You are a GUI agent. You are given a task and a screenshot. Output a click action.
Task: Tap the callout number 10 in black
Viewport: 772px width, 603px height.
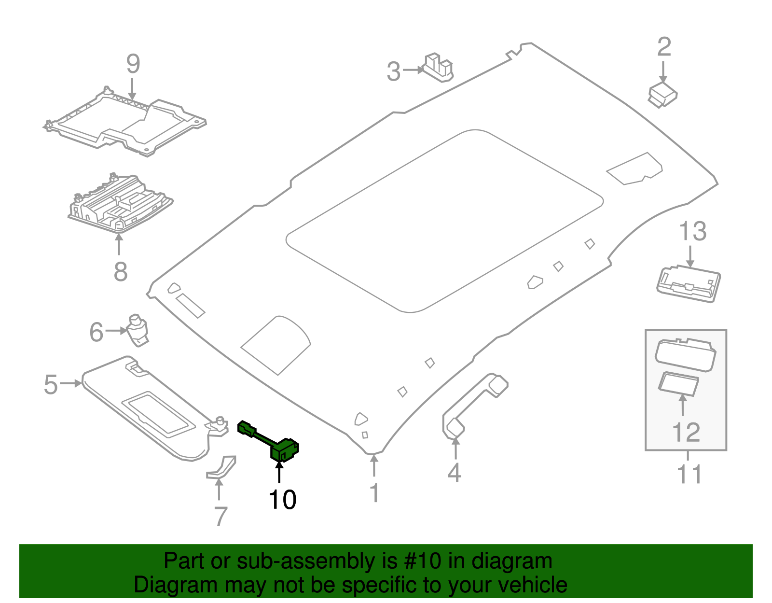coord(282,500)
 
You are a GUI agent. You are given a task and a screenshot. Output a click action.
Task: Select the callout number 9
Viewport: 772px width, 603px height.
coord(133,64)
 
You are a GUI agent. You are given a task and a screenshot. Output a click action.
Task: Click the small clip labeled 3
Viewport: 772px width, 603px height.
coord(439,68)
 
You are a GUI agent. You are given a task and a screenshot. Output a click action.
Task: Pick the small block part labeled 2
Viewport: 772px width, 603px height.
coord(662,95)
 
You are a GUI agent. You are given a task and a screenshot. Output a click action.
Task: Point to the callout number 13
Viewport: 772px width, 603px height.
coord(693,231)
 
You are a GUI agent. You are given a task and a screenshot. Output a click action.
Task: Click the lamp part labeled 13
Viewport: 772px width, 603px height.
coord(689,285)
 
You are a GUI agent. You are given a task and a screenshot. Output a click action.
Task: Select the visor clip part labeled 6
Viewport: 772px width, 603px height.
coord(138,330)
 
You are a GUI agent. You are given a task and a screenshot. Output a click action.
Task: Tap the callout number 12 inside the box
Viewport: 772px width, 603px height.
coord(686,432)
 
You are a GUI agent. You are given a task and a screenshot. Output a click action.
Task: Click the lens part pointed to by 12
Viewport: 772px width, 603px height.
coord(678,384)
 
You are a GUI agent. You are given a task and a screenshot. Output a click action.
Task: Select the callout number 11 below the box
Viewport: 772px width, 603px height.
coord(689,474)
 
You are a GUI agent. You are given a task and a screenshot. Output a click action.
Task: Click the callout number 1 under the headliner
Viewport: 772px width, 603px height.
coord(374,493)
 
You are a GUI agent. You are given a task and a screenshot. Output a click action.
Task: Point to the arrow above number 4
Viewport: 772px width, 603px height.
coord(455,447)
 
